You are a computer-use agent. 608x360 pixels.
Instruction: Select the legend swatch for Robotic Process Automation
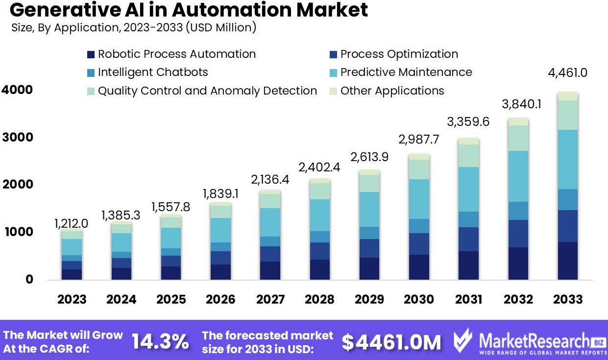91,54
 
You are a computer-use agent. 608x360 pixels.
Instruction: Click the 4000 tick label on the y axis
17,90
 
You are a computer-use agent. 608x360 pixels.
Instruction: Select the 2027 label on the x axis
270,299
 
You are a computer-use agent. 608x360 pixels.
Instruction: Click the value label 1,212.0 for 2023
72,224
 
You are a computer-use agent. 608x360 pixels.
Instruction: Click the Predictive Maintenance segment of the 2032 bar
517,176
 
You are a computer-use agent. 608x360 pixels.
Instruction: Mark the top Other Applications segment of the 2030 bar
419,157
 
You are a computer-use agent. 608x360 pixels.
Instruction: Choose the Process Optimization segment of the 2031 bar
468,239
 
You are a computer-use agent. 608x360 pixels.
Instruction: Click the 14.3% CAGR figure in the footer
160,341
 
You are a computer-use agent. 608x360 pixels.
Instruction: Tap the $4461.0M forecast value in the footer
391,342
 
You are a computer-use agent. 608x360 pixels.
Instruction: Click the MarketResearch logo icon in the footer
462,340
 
